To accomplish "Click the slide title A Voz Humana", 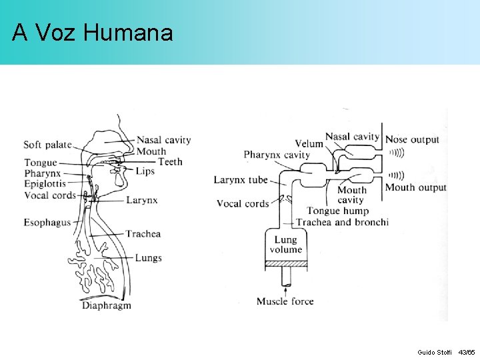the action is pyautogui.click(x=93, y=32).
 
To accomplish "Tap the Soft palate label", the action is pyautogui.click(x=47, y=145).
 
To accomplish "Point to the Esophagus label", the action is pyautogui.click(x=47, y=222).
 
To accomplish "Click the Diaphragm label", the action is pyautogui.click(x=107, y=305).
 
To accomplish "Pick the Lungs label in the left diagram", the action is pyautogui.click(x=148, y=258).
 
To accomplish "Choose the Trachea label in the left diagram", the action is pyautogui.click(x=143, y=234).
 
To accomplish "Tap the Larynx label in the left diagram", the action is pyautogui.click(x=141, y=199).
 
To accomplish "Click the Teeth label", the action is pyautogui.click(x=170, y=161).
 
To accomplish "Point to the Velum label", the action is pyautogui.click(x=309, y=143).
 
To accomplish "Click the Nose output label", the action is pyautogui.click(x=412, y=139).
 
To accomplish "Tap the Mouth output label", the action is pyautogui.click(x=415, y=187).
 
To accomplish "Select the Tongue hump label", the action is pyautogui.click(x=337, y=211).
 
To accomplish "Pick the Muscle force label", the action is pyautogui.click(x=285, y=301).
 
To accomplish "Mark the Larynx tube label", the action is pyautogui.click(x=241, y=180).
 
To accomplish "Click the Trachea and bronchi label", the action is pyautogui.click(x=342, y=222).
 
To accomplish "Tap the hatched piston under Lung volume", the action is pyautogui.click(x=286, y=264).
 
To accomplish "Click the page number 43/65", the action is pyautogui.click(x=467, y=351).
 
